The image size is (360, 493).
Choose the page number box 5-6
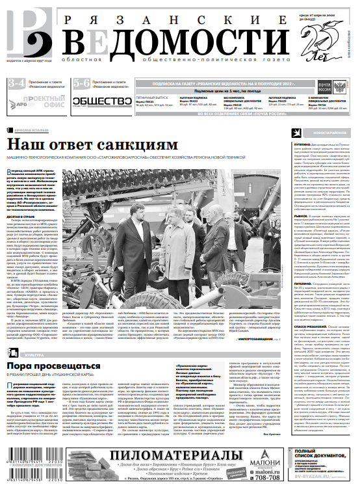click(x=81, y=83)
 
